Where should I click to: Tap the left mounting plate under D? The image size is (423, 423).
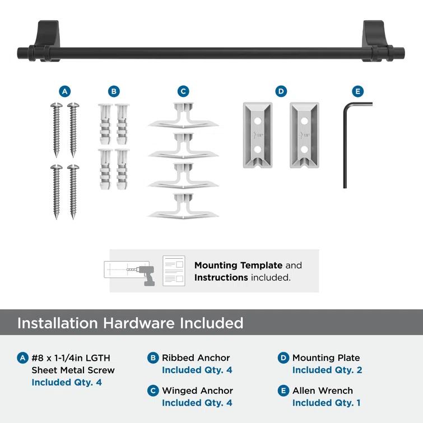pyautogui.click(x=257, y=134)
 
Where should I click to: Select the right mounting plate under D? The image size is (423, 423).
pyautogui.click(x=304, y=134)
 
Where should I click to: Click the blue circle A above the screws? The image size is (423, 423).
pyautogui.click(x=65, y=91)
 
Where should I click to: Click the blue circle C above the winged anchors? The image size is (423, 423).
pyautogui.click(x=183, y=91)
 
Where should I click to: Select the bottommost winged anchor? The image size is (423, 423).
pyautogui.click(x=183, y=207)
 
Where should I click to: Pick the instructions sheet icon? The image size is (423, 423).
pyautogui.click(x=174, y=271)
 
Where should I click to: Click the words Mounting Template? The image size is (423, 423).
pyautogui.click(x=238, y=266)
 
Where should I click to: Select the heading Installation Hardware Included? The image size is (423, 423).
pyautogui.click(x=131, y=323)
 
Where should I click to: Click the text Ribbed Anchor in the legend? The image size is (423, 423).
pyautogui.click(x=196, y=357)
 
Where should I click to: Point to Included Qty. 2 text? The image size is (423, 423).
pyautogui.click(x=327, y=370)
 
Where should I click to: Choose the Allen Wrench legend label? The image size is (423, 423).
pyautogui.click(x=323, y=391)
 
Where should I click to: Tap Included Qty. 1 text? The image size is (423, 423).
pyautogui.click(x=326, y=403)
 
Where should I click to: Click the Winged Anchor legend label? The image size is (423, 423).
pyautogui.click(x=197, y=391)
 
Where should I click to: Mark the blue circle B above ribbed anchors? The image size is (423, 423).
pyautogui.click(x=114, y=91)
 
